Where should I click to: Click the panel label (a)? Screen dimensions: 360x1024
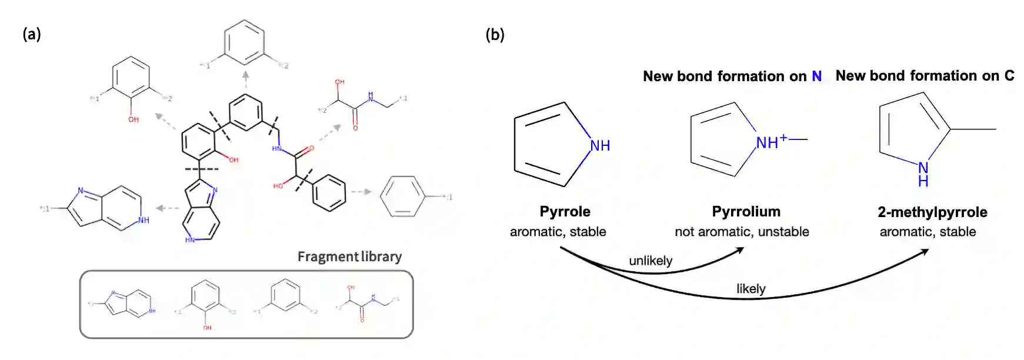[x=32, y=34]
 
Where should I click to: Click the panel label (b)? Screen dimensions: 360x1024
[x=495, y=35]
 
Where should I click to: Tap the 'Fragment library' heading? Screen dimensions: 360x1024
[x=349, y=256]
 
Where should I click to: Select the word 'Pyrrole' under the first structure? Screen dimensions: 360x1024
[x=565, y=211]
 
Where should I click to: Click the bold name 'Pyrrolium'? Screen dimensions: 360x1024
[x=746, y=211]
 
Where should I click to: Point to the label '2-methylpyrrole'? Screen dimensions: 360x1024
[x=932, y=212]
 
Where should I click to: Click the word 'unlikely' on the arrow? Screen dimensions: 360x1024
[x=651, y=261]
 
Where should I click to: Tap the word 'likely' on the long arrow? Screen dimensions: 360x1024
[x=751, y=289]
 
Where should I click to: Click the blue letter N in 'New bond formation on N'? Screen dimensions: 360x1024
[x=816, y=76]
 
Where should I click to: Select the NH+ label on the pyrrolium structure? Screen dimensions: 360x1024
[x=771, y=142]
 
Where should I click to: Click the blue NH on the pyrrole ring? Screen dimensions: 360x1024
[x=600, y=145]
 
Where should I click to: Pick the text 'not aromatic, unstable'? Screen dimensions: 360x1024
[x=742, y=232]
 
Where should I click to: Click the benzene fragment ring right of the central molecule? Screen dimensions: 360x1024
[x=402, y=196]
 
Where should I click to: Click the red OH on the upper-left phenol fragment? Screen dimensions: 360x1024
[x=134, y=119]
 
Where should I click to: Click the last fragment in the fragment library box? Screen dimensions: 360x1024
[x=367, y=302]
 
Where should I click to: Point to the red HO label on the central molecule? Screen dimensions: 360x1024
[x=278, y=186]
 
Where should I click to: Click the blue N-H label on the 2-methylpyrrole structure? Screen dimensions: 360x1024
[x=923, y=174]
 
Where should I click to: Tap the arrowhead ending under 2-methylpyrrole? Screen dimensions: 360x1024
[x=925, y=251]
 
